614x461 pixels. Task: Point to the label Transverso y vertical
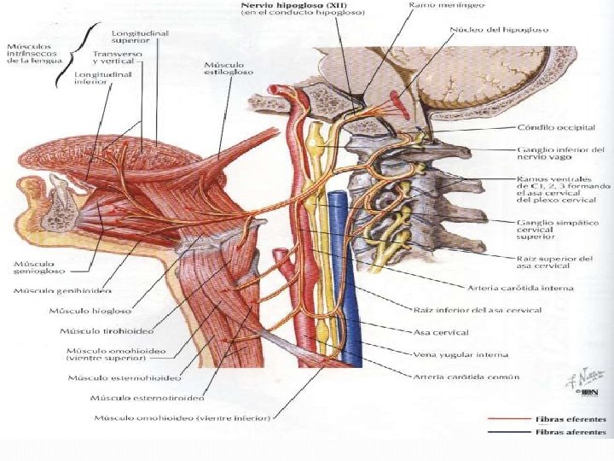tap(118, 59)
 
